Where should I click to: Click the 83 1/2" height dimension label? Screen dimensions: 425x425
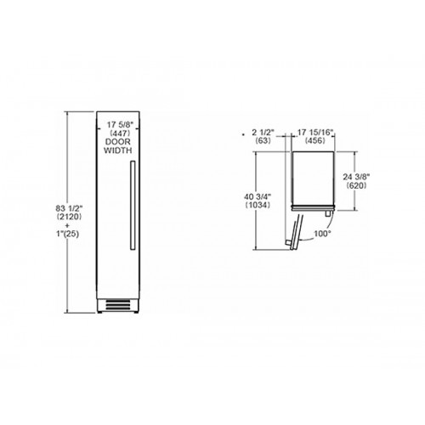click(69, 208)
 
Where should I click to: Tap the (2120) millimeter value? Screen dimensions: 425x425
click(69, 217)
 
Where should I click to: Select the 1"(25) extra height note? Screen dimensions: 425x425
click(67, 234)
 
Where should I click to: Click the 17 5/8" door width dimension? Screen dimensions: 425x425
click(120, 124)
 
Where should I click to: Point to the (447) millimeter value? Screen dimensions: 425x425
click(120, 133)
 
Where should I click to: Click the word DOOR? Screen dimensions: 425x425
click(118, 141)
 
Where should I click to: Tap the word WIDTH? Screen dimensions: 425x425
click(118, 150)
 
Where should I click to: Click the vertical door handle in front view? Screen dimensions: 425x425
click(133, 206)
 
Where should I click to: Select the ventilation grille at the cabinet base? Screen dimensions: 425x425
click(118, 304)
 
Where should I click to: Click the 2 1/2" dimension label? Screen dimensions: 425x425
click(263, 132)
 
